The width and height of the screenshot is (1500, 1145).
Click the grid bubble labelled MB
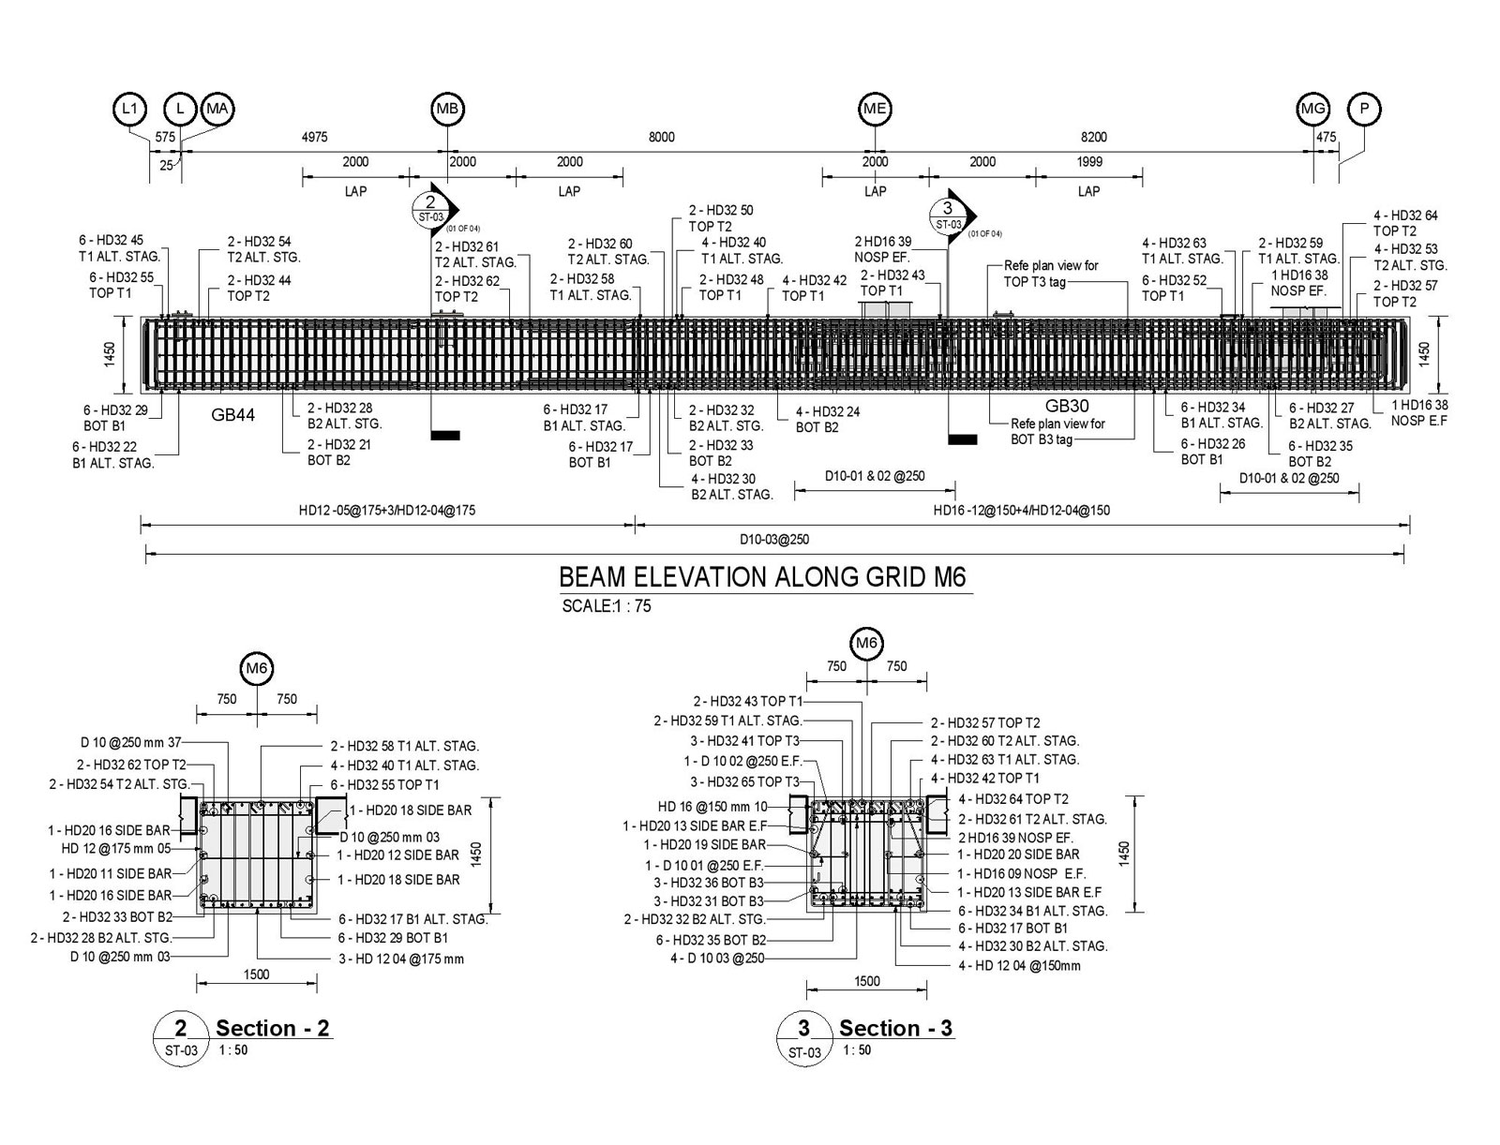point(447,110)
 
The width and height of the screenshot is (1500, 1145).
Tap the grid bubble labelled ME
point(875,110)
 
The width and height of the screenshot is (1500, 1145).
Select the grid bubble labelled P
point(1364,110)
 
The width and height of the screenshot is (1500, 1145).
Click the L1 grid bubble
point(130,110)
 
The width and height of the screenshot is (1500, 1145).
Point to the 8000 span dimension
point(661,137)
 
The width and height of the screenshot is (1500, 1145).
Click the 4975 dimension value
point(314,137)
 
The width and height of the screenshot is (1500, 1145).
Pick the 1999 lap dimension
point(1089,161)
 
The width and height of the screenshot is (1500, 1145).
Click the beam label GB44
point(232,415)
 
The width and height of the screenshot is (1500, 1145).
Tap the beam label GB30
point(1067,406)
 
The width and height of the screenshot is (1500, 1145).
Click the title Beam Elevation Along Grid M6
point(762,576)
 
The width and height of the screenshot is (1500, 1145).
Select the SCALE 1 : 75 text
point(607,606)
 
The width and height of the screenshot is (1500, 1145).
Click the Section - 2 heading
point(272,1028)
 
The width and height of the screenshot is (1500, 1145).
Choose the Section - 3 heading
point(895,1028)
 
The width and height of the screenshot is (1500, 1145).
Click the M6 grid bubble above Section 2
point(257,669)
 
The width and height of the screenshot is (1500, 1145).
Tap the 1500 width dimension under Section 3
point(867,981)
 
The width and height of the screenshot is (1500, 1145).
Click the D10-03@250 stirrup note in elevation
point(773,540)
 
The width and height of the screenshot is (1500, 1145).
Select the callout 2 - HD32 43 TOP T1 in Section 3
point(748,701)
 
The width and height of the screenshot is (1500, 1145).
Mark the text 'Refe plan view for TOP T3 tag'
point(1051,274)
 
